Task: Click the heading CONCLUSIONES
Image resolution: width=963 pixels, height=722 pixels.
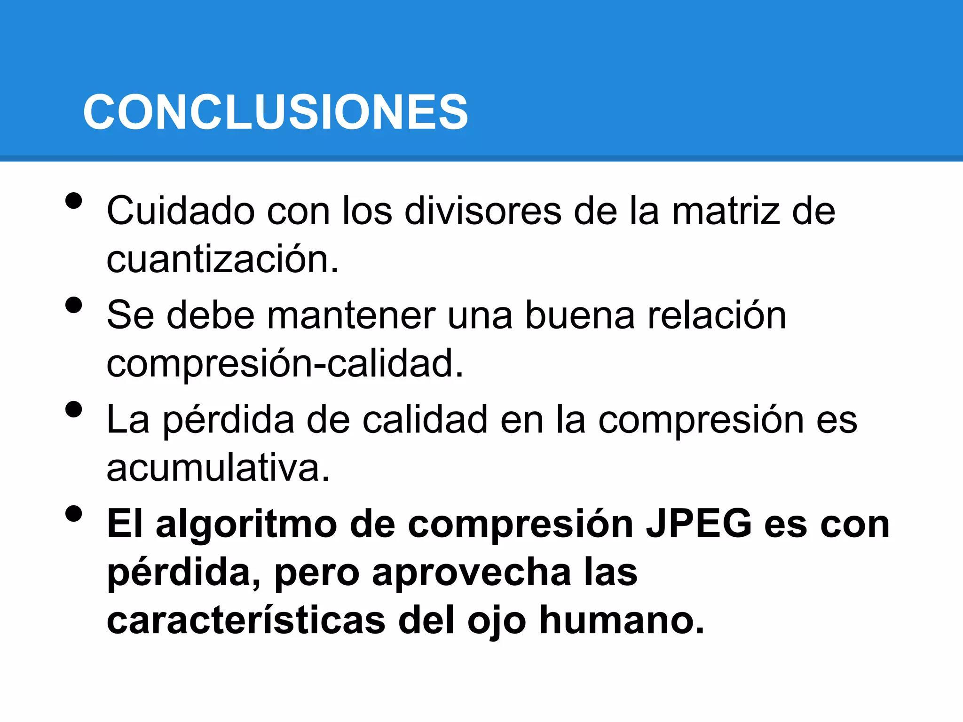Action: [x=276, y=112]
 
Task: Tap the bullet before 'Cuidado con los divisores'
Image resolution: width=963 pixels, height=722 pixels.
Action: [x=74, y=201]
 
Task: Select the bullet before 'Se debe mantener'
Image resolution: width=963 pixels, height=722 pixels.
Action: [x=74, y=305]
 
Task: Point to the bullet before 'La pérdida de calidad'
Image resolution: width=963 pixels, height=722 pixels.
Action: [x=74, y=409]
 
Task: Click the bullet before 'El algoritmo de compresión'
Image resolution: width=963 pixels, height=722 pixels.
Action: [x=74, y=514]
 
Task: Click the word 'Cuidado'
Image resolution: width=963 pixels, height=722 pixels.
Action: [x=181, y=211]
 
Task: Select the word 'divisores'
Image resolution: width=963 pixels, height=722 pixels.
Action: [x=483, y=211]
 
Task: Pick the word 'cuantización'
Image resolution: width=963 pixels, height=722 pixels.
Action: [x=222, y=259]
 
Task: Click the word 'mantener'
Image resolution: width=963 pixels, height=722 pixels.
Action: [x=351, y=315]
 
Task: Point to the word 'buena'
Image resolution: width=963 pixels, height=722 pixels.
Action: [x=580, y=315]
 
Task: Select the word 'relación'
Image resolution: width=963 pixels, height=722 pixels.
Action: [x=717, y=315]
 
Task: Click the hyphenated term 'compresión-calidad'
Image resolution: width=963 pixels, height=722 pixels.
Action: [x=284, y=363]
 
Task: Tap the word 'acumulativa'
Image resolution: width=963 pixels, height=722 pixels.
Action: [x=218, y=468]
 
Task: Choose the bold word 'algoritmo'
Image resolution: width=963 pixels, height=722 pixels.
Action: [x=246, y=525]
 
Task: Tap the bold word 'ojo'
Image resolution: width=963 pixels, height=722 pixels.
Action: [x=497, y=621]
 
